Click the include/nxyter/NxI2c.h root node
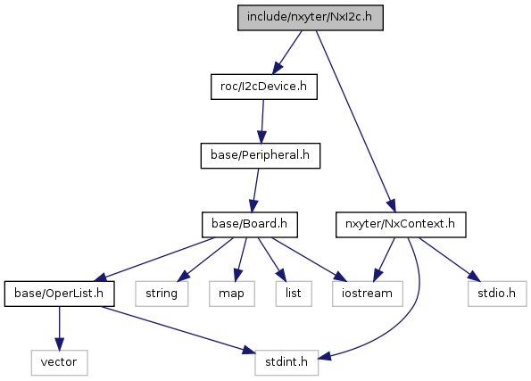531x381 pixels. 311,18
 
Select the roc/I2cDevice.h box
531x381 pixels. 264,87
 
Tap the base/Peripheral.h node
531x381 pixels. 260,156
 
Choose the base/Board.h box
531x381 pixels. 250,225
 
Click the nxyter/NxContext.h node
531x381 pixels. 401,225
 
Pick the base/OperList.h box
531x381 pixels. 59,294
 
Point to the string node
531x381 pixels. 162,294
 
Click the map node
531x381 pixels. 232,294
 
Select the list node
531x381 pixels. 294,294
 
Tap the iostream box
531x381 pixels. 368,294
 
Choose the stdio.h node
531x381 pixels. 497,294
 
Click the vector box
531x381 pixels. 59,363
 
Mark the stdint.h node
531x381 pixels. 286,363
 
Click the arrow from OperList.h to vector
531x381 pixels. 59,328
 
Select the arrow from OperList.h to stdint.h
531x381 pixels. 178,330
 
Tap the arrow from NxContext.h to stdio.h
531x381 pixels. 450,259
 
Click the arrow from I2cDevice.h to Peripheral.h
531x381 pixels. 262,121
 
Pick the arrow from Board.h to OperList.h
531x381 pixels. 154,259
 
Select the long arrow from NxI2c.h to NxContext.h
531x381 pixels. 355,121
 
